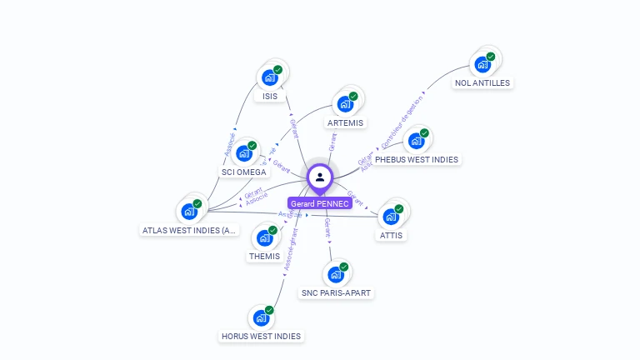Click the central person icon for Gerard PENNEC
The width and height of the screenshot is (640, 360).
(x=319, y=177)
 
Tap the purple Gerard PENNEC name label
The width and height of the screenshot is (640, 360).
(x=320, y=203)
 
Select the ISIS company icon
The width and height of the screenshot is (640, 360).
(x=268, y=77)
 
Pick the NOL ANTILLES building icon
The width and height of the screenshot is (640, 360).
(x=482, y=64)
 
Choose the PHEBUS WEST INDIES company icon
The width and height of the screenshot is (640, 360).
(x=415, y=141)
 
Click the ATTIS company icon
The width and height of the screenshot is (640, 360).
(x=390, y=217)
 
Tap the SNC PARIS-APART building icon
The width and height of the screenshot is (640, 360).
(x=335, y=274)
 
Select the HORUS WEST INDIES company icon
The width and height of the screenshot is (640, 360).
(x=260, y=317)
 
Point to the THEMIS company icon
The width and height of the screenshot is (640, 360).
(x=263, y=237)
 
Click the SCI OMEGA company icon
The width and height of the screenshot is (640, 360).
(x=243, y=153)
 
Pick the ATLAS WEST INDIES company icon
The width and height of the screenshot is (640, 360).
(x=188, y=211)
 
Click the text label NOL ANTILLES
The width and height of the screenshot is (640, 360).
(x=482, y=83)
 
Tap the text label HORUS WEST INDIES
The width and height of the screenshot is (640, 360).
(x=261, y=337)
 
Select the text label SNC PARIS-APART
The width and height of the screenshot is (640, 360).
(x=337, y=293)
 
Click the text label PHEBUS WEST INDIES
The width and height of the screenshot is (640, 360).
(x=416, y=159)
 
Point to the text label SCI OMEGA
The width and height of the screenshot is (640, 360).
(x=244, y=172)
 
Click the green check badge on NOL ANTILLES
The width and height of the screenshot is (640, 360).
(x=491, y=57)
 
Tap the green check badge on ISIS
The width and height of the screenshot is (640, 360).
(x=277, y=70)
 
